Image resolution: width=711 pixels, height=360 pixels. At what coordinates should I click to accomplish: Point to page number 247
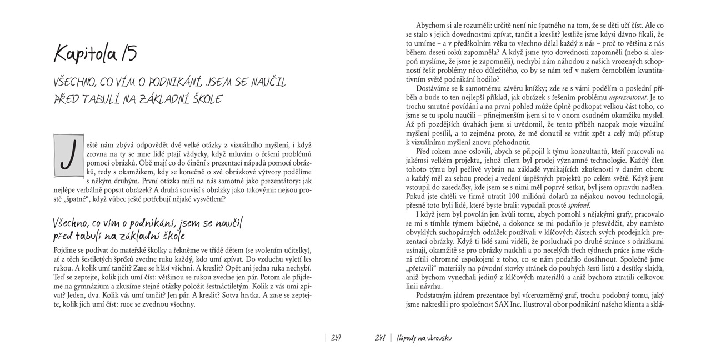coord(336,338)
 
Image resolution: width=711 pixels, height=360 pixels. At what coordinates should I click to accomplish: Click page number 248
coord(380,338)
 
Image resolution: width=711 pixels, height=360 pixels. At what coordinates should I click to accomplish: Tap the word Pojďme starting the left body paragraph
coord(66,250)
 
